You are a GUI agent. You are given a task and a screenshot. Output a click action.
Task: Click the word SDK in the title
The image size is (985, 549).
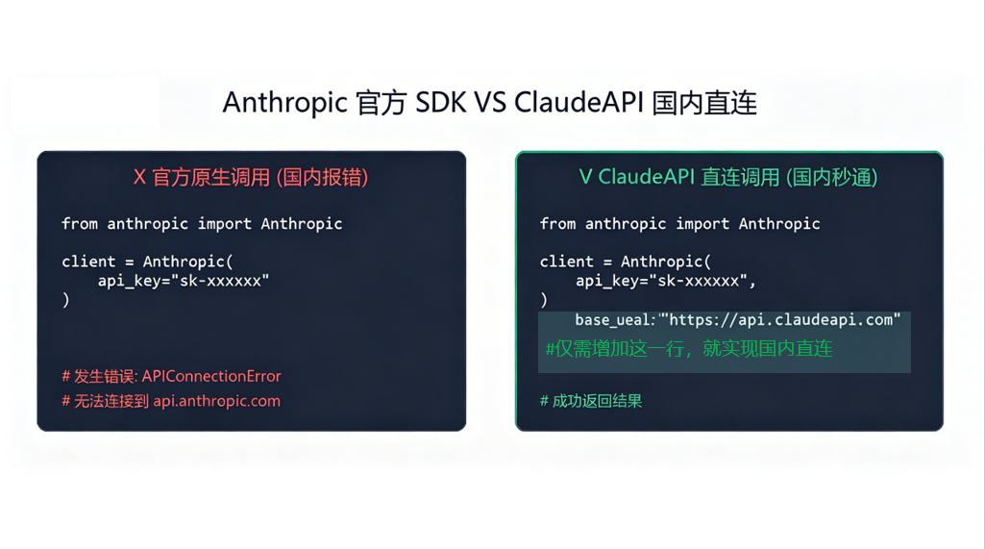tap(440, 103)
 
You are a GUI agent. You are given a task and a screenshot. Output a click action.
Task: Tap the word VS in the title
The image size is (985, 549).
tap(490, 103)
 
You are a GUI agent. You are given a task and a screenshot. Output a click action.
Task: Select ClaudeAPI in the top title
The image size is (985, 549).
tap(579, 103)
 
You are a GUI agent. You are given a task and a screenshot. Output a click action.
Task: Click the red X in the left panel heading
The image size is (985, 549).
tap(139, 177)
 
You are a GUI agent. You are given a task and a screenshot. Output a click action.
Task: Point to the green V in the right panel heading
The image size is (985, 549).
tap(585, 177)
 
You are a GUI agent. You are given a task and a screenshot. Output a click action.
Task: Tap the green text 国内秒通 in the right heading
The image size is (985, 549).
tap(831, 177)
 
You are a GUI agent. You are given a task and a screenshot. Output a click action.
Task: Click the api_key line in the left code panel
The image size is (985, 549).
tap(184, 281)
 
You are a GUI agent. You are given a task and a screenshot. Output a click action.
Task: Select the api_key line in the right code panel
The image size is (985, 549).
tap(666, 281)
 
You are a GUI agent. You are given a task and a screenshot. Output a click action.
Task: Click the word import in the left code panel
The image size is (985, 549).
tap(224, 224)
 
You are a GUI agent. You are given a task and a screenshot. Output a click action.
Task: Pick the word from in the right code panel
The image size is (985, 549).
tap(557, 224)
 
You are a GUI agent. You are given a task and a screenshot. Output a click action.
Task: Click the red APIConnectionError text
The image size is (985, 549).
tap(211, 376)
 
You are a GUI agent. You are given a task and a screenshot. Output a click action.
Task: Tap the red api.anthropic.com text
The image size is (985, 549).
tap(217, 401)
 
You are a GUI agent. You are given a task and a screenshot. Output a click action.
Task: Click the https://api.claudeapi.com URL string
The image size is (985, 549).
tap(784, 319)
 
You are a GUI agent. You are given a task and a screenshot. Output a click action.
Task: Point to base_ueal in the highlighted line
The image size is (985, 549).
tap(611, 320)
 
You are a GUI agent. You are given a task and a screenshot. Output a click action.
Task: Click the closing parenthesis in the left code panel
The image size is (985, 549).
tap(66, 300)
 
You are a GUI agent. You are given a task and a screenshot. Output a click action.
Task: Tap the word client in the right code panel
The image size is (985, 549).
tap(566, 262)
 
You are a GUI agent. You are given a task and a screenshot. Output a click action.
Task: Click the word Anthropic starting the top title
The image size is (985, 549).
tap(284, 103)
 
